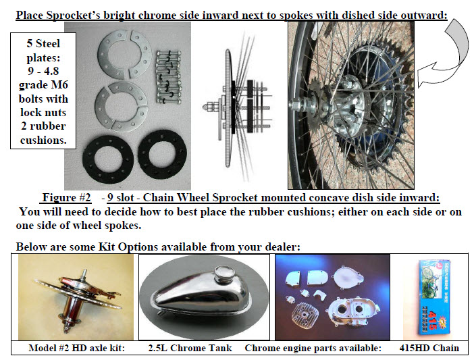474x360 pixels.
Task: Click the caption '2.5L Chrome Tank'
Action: tap(190, 348)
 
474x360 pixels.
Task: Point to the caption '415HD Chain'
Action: tap(429, 348)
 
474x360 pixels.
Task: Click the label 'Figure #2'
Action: tap(66, 197)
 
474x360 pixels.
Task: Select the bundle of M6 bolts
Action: tap(168, 77)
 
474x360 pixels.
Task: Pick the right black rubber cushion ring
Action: tap(162, 154)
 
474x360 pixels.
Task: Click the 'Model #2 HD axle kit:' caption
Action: tap(76, 348)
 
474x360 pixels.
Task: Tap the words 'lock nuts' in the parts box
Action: tap(43, 112)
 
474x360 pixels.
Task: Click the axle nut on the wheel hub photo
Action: tap(295, 104)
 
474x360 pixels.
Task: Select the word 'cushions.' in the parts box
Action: tap(43, 140)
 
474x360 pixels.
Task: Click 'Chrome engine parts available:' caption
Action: tap(313, 348)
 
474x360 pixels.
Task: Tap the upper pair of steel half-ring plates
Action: tap(124, 55)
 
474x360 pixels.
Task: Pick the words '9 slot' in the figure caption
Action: tap(120, 197)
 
